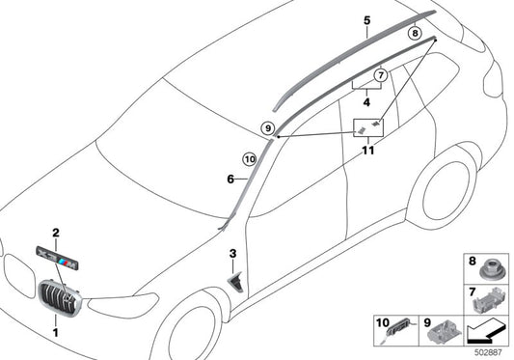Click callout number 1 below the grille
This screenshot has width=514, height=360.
[x=54, y=333]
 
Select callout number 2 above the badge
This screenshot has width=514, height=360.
[x=56, y=233]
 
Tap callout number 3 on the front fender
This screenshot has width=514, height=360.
[x=231, y=253]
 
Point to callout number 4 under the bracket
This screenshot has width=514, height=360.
[x=367, y=100]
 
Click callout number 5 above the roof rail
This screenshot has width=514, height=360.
[x=366, y=19]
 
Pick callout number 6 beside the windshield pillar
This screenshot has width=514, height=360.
[x=230, y=179]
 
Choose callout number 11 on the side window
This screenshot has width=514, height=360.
[x=367, y=152]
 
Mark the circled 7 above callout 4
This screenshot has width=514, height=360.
[x=381, y=74]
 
